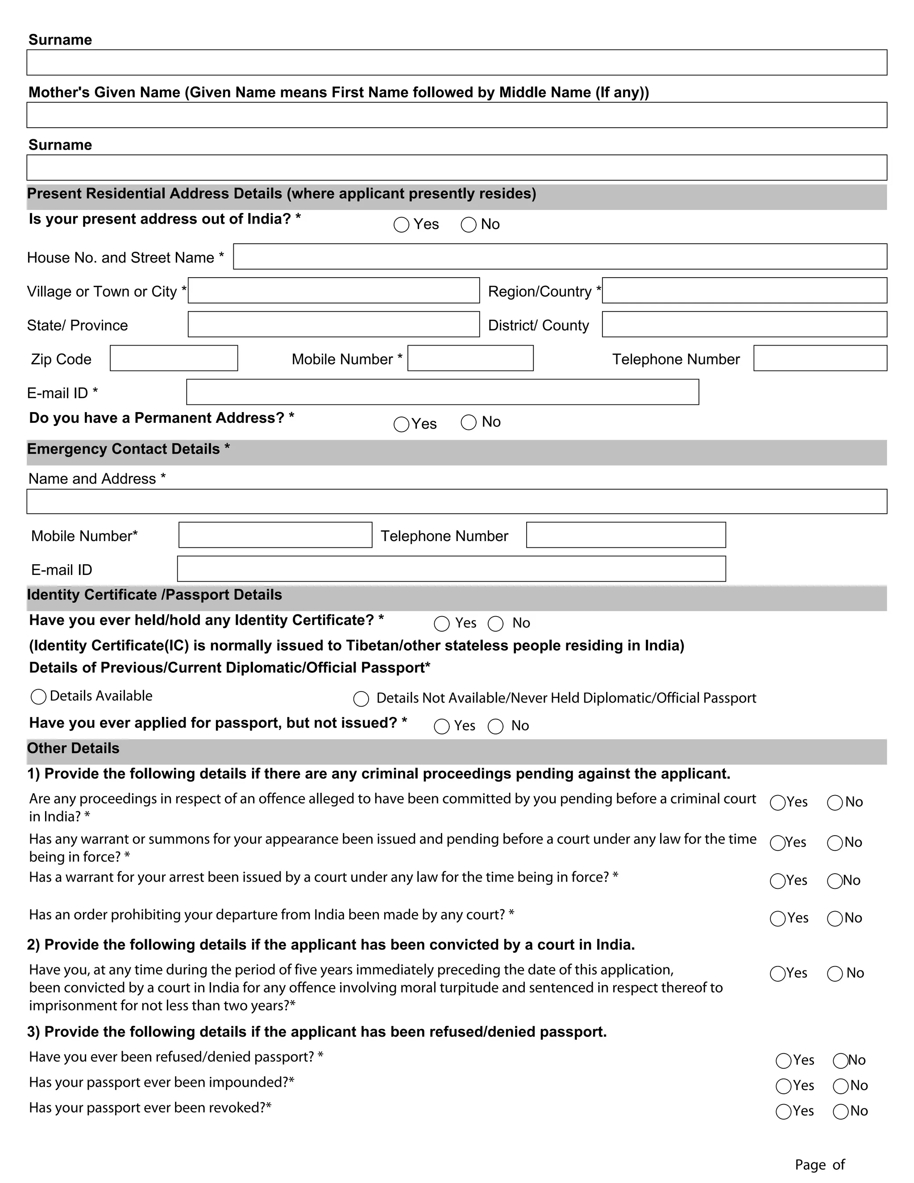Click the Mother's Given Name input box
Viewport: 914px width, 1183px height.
(457, 115)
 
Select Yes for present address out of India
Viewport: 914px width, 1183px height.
(401, 225)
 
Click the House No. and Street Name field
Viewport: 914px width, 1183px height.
(560, 256)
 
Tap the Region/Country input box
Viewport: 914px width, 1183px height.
(744, 290)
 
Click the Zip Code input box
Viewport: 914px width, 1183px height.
(174, 358)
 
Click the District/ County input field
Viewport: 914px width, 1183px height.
(744, 324)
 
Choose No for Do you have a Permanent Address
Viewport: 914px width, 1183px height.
(468, 422)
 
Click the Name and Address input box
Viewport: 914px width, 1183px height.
(457, 501)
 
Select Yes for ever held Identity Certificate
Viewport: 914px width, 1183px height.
(442, 624)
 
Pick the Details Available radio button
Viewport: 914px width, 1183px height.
(38, 696)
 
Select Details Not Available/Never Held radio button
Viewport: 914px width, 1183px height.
(361, 699)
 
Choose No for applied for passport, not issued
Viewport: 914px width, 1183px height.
(495, 726)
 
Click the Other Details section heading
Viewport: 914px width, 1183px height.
(73, 749)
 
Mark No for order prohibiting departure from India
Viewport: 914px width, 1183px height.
(835, 919)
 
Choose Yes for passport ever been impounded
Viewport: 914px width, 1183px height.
(784, 1086)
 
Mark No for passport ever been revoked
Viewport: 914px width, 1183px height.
(841, 1112)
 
